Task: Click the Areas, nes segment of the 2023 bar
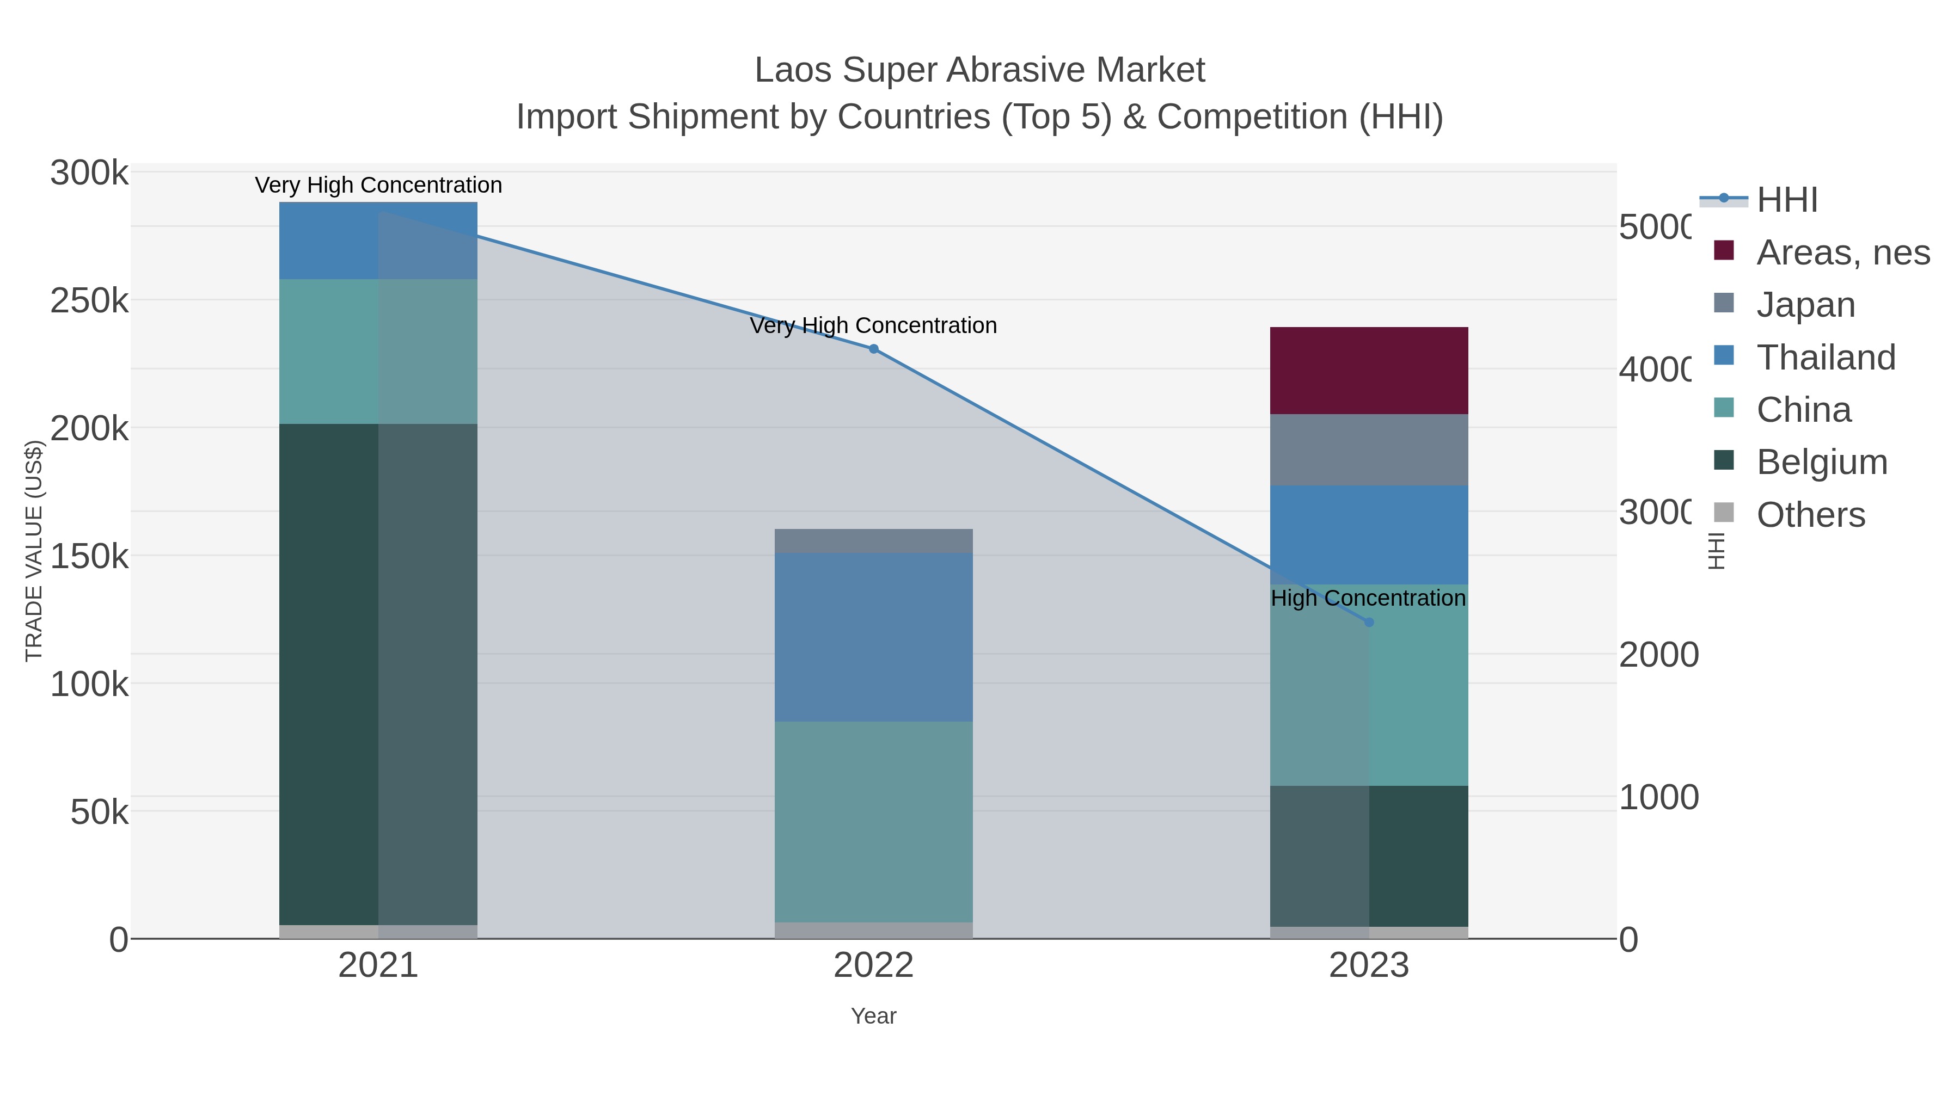click(x=1368, y=371)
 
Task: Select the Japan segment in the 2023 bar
click(x=1368, y=450)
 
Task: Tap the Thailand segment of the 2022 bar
click(x=873, y=637)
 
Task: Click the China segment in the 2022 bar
click(x=873, y=821)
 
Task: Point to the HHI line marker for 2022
click(x=873, y=349)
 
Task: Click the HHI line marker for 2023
click(x=1368, y=622)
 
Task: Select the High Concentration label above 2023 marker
click(x=1367, y=599)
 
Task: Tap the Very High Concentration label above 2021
click(x=378, y=185)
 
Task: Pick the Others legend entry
click(x=1810, y=514)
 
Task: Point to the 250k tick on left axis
click(x=89, y=301)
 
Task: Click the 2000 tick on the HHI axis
click(x=1658, y=655)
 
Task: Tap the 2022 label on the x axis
click(x=873, y=965)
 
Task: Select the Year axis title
click(x=873, y=1015)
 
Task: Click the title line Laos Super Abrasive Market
click(x=979, y=70)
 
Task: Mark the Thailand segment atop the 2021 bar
click(x=378, y=241)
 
